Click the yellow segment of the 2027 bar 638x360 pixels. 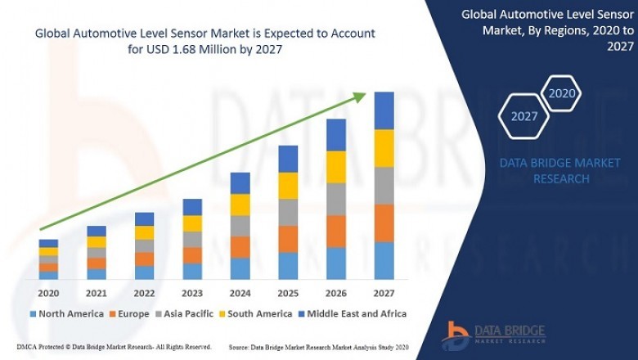coord(384,148)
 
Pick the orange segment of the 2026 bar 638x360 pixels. coord(336,232)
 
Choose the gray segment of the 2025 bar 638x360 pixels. coord(288,212)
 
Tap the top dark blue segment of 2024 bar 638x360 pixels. coord(240,182)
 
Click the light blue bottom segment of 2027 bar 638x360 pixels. coord(384,260)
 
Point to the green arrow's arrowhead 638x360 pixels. coord(360,97)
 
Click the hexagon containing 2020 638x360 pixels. coord(562,93)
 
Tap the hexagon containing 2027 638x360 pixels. coord(524,116)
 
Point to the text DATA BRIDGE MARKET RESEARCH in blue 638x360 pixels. coord(560,170)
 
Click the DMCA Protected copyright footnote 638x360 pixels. coord(114,347)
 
